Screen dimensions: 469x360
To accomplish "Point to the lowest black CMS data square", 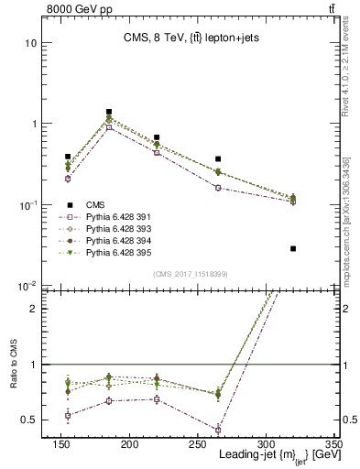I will coord(293,248).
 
